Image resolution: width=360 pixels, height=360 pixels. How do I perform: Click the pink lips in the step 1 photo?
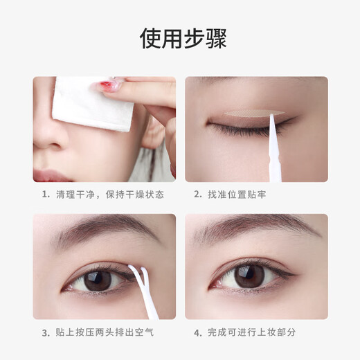click(52, 175)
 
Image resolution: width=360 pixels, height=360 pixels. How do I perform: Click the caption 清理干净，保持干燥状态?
click(110, 195)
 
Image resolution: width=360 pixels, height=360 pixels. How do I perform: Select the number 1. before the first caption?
click(45, 195)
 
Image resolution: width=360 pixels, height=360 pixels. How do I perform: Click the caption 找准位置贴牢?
click(237, 195)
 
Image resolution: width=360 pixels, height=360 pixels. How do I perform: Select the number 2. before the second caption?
click(197, 195)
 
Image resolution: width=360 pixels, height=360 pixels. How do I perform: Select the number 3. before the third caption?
click(45, 332)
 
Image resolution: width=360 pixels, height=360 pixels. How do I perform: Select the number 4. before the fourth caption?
click(197, 332)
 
